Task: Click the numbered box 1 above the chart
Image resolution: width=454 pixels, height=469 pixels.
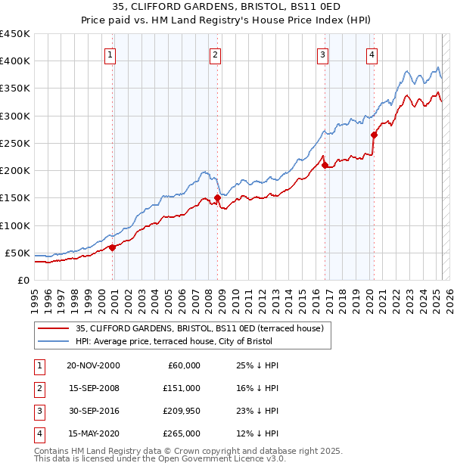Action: pyautogui.click(x=110, y=54)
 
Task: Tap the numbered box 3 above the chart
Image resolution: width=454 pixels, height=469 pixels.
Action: pyautogui.click(x=322, y=54)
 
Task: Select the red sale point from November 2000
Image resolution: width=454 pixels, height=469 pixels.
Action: pyautogui.click(x=113, y=247)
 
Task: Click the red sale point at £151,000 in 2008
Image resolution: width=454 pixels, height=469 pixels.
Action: pyautogui.click(x=217, y=197)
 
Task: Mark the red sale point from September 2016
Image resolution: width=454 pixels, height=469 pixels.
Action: pyautogui.click(x=325, y=165)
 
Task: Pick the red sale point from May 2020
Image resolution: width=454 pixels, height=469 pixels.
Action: pyautogui.click(x=374, y=135)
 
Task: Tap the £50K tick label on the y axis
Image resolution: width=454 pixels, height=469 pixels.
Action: pyautogui.click(x=18, y=253)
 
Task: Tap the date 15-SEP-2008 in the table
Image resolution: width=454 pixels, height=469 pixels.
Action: pyautogui.click(x=93, y=388)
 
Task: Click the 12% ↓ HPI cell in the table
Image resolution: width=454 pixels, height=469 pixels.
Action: pyautogui.click(x=257, y=433)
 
